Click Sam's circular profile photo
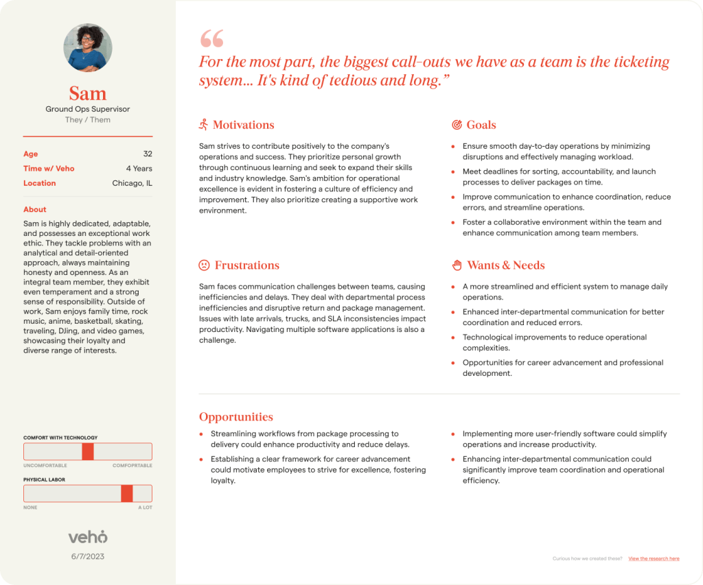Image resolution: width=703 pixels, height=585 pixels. tap(88, 48)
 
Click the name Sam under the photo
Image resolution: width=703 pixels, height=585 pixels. tap(88, 93)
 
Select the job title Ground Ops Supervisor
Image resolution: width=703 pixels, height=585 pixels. tap(88, 109)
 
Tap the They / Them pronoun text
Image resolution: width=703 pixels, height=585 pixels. tap(88, 120)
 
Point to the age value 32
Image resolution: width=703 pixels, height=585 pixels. tap(148, 154)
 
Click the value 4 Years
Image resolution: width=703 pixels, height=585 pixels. tap(139, 169)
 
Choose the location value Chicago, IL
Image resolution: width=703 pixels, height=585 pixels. tap(132, 183)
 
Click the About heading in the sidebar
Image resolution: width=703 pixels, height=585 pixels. tap(35, 209)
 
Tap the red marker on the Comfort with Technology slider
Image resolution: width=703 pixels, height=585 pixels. tap(87, 451)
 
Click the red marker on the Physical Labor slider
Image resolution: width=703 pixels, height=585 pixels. tap(126, 494)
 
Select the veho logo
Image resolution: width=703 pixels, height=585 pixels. tap(88, 537)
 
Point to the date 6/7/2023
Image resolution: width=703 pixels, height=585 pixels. tap(88, 556)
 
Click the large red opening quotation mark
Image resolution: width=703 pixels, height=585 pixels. tap(211, 38)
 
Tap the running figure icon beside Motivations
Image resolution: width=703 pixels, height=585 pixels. tap(203, 125)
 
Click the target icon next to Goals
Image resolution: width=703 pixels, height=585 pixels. tap(457, 125)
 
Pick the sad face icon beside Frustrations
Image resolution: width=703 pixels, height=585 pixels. tap(204, 265)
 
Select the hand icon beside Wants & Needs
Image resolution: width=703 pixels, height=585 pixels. tap(457, 265)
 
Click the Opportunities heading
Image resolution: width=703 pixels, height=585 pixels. tap(236, 417)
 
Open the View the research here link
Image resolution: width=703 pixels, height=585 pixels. tap(654, 559)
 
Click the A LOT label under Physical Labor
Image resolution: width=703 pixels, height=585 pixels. tap(145, 508)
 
